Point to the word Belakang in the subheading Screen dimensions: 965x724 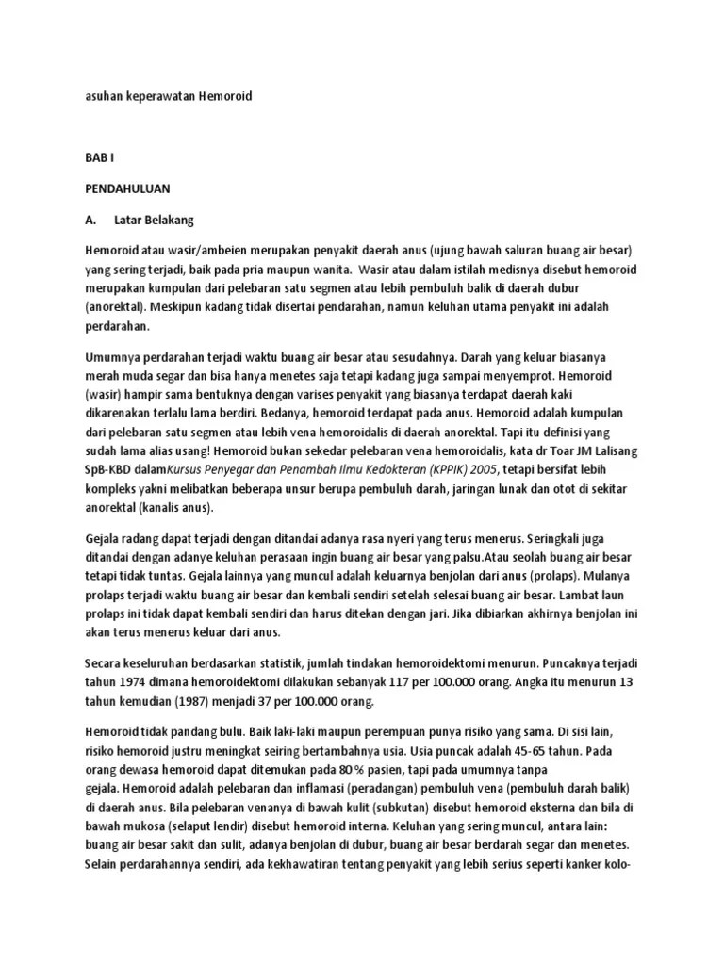click(169, 220)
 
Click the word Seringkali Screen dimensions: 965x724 click(552, 538)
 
